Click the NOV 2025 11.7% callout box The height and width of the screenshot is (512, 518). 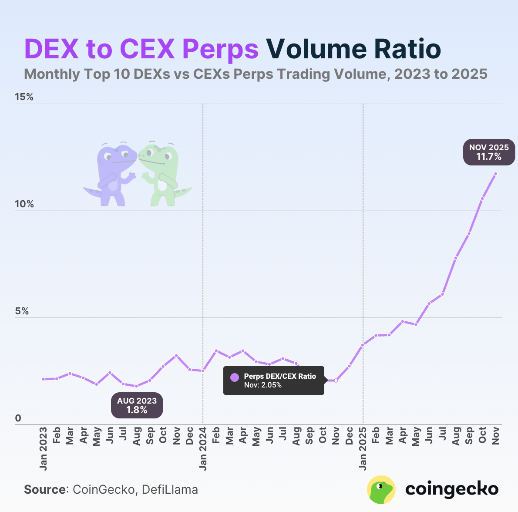tap(488, 152)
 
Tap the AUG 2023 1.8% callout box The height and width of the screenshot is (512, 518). tap(137, 405)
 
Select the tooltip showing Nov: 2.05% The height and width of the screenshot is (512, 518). tap(274, 381)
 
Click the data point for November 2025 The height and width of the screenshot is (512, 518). tap(495, 174)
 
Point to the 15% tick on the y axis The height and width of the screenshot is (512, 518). tap(24, 97)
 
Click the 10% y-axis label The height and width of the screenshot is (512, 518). tap(24, 204)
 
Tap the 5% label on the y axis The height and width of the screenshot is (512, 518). tap(21, 311)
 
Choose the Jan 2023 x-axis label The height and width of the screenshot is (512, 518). tap(44, 449)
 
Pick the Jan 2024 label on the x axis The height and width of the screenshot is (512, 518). tap(203, 449)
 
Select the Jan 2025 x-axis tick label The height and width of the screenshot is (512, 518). tap(363, 449)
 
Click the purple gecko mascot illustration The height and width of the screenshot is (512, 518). tap(111, 174)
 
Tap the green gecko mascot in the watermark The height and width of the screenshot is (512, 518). tap(163, 174)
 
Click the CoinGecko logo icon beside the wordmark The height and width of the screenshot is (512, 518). tap(381, 489)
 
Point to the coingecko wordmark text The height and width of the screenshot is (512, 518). tap(452, 489)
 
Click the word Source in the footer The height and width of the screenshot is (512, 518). tap(45, 489)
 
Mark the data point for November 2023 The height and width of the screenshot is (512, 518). tap(176, 356)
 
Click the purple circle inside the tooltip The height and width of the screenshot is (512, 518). tap(235, 377)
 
